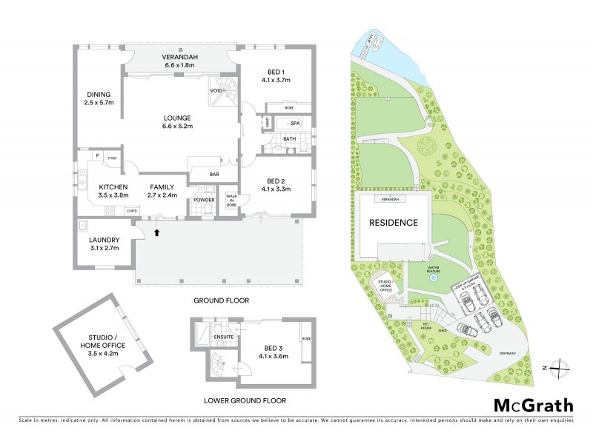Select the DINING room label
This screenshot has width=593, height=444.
[x=98, y=95]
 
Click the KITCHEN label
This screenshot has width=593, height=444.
[x=113, y=186]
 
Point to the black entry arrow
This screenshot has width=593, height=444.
[x=157, y=232]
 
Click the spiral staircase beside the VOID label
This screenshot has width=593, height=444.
[x=230, y=92]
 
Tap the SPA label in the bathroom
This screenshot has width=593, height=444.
[x=294, y=124]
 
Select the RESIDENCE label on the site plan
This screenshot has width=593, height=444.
[x=394, y=223]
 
